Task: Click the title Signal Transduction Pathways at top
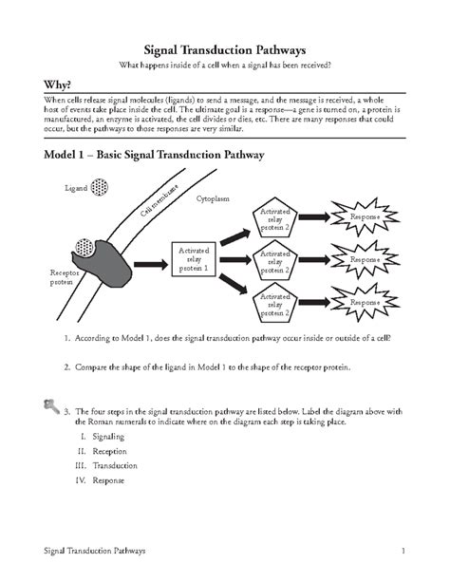click(x=224, y=48)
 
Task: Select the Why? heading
click(x=45, y=84)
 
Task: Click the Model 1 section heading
click(x=147, y=154)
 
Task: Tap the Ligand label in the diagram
click(x=76, y=189)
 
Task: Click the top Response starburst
click(x=365, y=218)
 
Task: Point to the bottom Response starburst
click(x=365, y=302)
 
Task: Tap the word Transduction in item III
click(x=115, y=465)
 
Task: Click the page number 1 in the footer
click(x=403, y=551)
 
